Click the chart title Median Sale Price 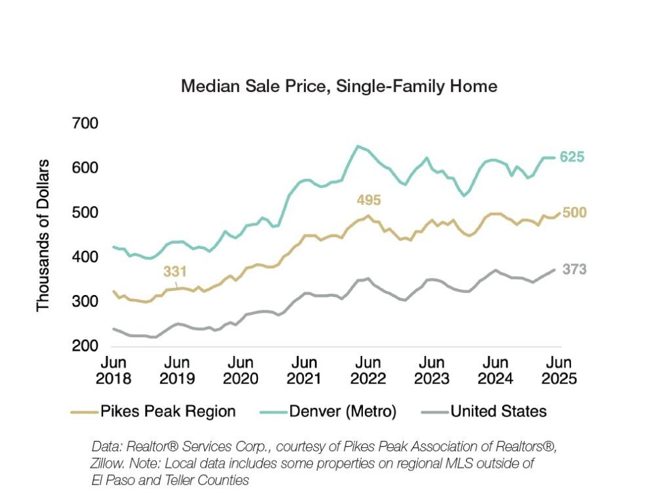click(339, 86)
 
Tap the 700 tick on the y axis click(85, 124)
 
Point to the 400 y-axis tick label click(85, 258)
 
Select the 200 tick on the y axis click(85, 346)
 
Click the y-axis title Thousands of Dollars click(43, 235)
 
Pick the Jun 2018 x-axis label click(113, 371)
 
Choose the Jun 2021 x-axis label click(304, 371)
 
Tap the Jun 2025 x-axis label click(558, 371)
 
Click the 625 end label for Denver click(572, 157)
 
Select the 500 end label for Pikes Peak click(574, 213)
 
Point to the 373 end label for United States click(574, 269)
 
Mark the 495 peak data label click(368, 200)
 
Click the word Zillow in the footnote click(108, 463)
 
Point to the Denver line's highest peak click(358, 146)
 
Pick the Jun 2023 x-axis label click(431, 371)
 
